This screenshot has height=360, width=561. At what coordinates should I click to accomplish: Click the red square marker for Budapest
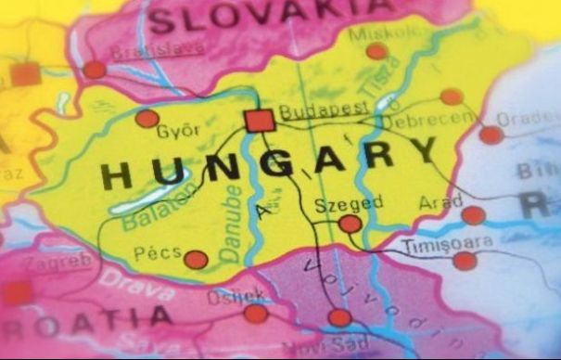260,121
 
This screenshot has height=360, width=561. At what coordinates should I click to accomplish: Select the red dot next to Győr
147,119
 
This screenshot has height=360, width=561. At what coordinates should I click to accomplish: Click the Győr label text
178,131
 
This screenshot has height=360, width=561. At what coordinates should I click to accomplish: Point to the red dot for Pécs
195,260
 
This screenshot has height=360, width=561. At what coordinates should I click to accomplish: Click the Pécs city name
159,252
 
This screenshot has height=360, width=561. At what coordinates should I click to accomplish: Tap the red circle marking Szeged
350,224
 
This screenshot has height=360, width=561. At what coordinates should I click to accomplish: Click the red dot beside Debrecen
452,96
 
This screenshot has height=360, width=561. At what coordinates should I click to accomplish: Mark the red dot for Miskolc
376,51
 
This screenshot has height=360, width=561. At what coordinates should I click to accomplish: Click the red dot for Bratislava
94,70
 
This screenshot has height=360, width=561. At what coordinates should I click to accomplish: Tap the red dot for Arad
473,215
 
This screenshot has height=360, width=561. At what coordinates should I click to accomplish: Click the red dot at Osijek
256,314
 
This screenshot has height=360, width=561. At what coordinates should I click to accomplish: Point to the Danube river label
231,224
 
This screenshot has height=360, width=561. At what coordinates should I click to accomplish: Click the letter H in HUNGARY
116,174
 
